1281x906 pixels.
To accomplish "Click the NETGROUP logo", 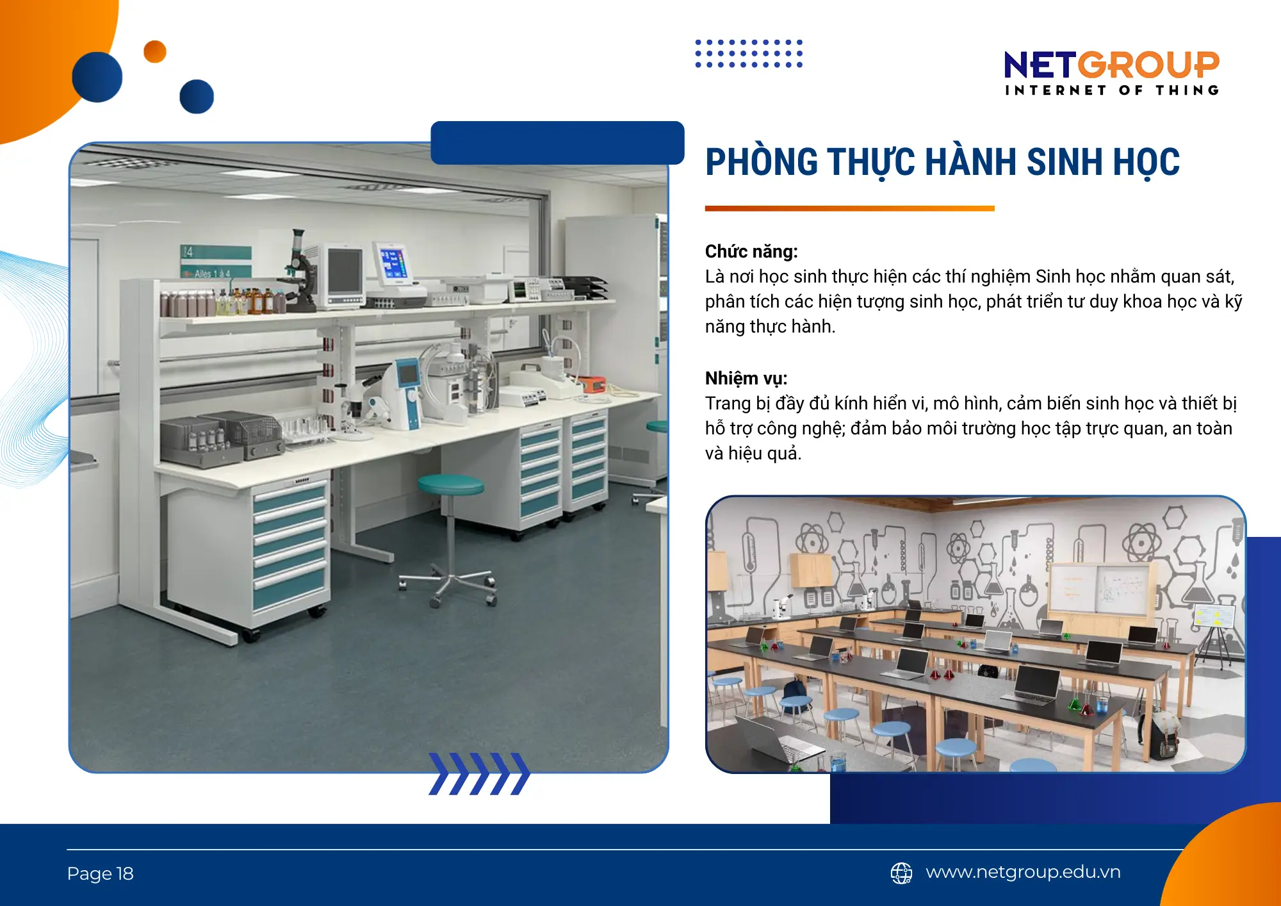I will [1111, 65].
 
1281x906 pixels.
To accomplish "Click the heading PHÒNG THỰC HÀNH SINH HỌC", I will [942, 162].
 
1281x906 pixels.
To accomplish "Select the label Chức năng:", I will [751, 251].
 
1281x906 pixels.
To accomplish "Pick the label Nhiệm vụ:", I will [746, 378].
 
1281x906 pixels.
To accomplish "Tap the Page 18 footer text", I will [100, 873].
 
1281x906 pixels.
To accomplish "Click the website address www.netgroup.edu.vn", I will [1023, 872].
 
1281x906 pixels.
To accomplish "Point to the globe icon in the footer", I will [901, 873].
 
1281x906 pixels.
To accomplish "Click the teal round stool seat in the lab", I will [451, 484].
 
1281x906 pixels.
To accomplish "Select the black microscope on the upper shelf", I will [299, 269].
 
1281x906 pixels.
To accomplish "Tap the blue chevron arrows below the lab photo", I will [479, 773].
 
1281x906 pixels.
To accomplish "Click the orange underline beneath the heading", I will [849, 208].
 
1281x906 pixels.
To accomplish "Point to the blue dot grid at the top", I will [749, 53].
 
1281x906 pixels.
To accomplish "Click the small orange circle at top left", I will [155, 52].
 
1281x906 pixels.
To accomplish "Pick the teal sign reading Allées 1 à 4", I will [215, 262].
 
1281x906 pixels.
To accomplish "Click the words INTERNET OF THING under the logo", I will [1111, 90].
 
